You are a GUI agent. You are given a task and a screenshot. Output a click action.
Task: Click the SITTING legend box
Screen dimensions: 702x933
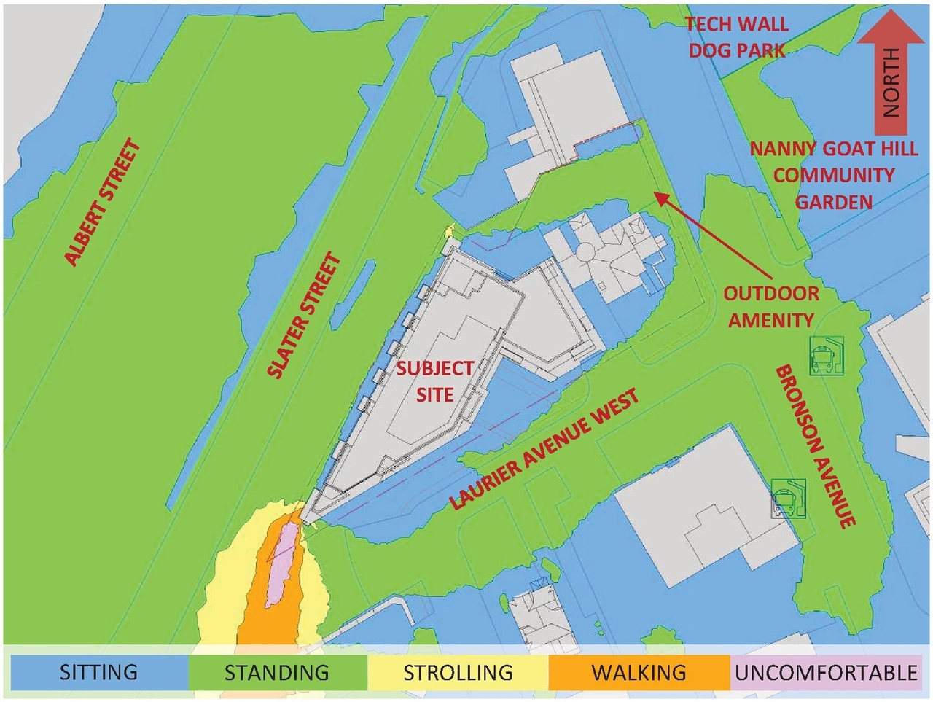[x=98, y=671]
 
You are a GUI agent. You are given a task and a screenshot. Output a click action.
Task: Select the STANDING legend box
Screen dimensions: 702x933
[x=277, y=671]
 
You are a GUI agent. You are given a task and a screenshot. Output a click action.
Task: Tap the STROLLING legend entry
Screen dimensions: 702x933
[x=458, y=671]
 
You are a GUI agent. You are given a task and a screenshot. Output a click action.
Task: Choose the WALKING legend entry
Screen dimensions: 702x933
[x=639, y=671]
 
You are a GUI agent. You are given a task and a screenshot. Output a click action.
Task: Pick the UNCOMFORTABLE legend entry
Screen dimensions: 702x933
[x=826, y=671]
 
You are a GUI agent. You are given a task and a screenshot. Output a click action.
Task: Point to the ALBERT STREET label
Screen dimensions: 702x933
[x=102, y=202]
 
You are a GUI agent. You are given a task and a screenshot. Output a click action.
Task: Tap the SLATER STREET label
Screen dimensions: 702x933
[x=304, y=316]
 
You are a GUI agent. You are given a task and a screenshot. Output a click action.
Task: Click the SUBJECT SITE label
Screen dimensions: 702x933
[x=435, y=381]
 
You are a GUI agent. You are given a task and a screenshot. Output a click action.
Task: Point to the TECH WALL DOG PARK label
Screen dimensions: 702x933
[x=737, y=37]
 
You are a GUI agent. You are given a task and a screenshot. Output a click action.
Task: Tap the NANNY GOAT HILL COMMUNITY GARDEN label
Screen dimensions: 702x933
[x=834, y=175]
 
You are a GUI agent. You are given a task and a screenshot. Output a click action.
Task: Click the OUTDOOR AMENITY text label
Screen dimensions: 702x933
[x=771, y=307]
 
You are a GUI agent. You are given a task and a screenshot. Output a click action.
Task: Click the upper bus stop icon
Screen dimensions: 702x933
[x=826, y=355]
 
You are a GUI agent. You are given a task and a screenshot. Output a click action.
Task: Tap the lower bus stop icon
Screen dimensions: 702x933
[x=788, y=498]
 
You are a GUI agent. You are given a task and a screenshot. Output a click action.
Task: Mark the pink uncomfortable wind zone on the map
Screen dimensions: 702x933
[x=283, y=565]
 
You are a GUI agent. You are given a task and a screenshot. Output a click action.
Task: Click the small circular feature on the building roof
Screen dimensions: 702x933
[x=587, y=254]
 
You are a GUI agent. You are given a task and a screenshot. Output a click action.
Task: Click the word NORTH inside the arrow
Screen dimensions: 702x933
[x=891, y=82]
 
